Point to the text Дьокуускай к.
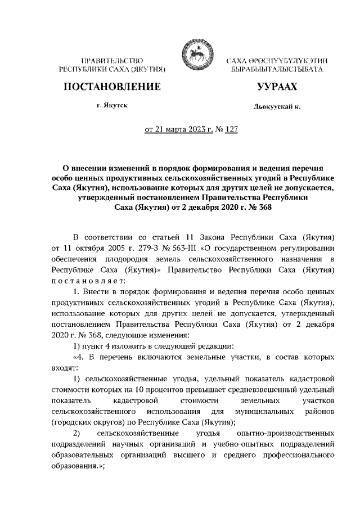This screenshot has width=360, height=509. click(276, 107)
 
